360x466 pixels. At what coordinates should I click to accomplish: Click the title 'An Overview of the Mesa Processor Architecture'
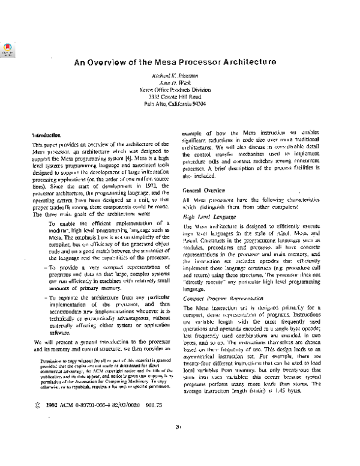pyautogui.click(x=175, y=61)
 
